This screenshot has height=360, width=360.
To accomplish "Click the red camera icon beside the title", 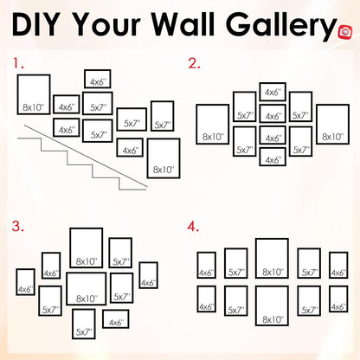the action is tap(345, 32).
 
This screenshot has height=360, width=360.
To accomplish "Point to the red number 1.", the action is tap(17, 63).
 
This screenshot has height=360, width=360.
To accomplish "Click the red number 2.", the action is tap(194, 63).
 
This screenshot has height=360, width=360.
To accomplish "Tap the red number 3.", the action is tap(17, 226).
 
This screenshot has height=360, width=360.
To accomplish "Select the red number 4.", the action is tap(193, 227).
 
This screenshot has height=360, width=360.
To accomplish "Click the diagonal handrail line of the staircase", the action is tap(86, 156).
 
